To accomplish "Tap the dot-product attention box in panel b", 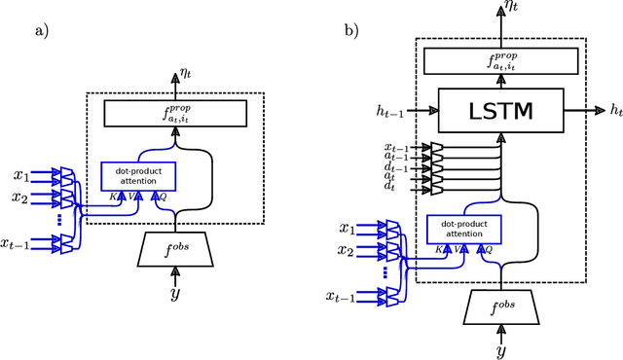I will coord(463,230).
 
